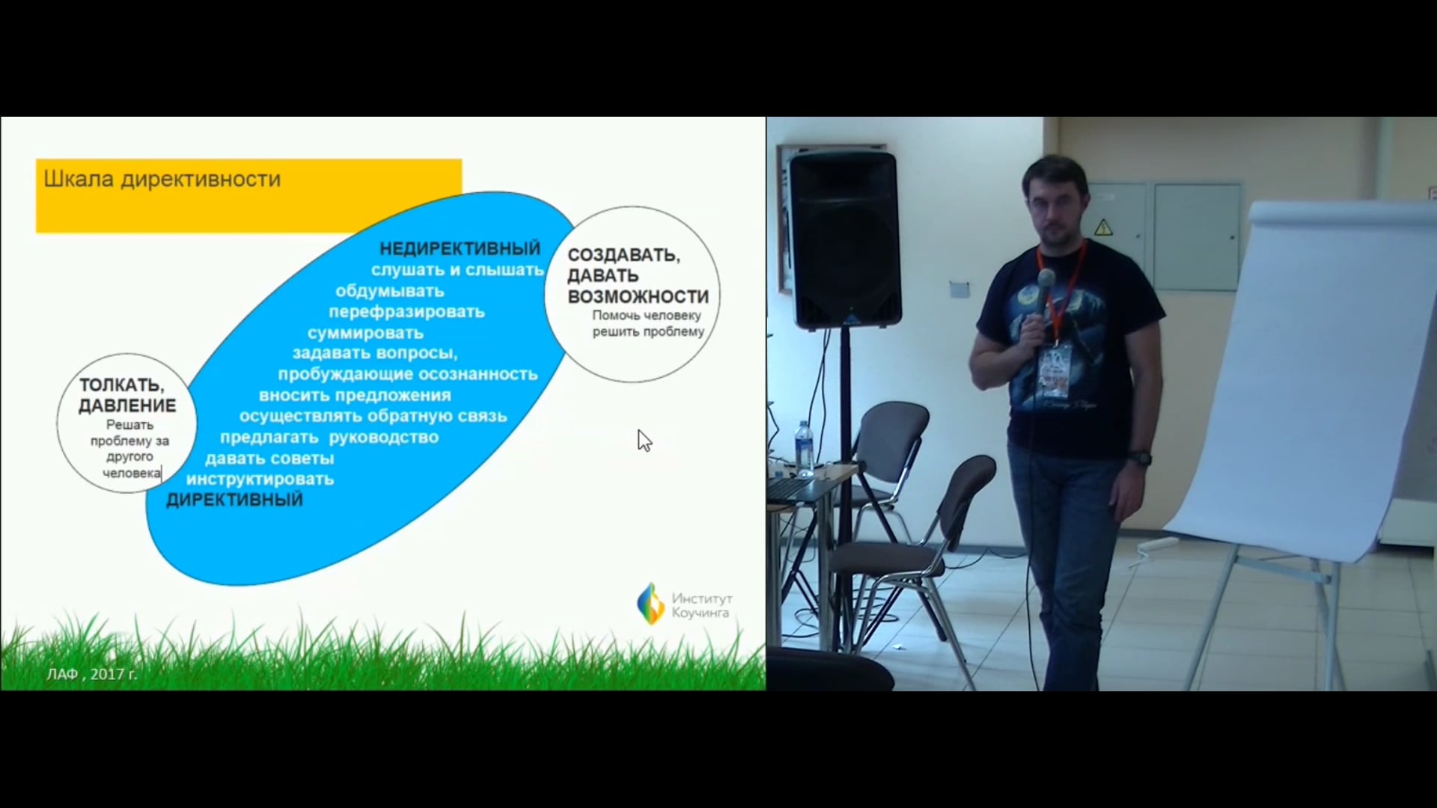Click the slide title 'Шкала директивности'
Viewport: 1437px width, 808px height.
coord(162,180)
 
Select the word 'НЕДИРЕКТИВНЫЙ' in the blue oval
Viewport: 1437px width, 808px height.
coord(460,248)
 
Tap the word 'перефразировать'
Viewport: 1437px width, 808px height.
coord(406,312)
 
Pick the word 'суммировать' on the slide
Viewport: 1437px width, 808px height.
coord(365,333)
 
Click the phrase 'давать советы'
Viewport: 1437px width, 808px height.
coord(269,459)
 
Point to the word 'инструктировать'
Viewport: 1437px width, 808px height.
coord(260,480)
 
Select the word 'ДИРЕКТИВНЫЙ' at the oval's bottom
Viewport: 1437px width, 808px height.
coord(234,500)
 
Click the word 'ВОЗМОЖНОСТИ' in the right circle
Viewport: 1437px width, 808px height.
coord(638,297)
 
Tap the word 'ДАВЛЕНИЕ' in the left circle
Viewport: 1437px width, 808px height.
coord(127,406)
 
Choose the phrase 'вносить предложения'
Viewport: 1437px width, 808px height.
coord(355,395)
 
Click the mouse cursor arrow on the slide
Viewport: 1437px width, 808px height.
coord(644,441)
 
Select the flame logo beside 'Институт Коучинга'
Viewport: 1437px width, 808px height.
coord(650,604)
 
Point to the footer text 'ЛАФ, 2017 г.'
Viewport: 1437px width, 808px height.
coord(92,674)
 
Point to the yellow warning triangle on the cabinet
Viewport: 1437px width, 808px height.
coord(1102,227)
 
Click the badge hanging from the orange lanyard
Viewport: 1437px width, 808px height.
coord(1055,372)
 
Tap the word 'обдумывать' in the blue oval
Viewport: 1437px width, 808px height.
coord(389,291)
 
